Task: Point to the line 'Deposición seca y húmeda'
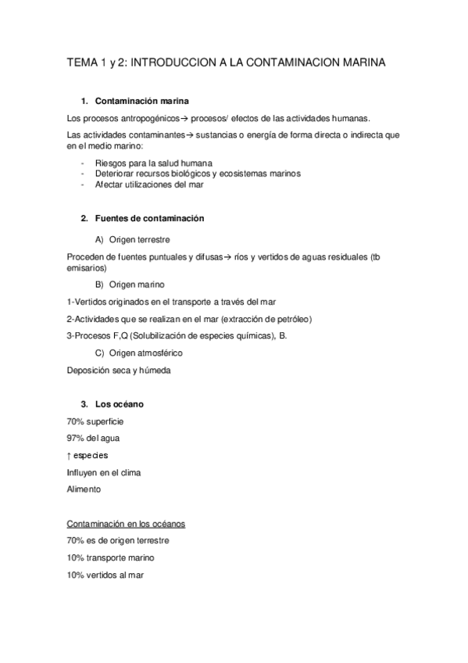tap(118, 371)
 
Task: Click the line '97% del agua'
tap(94, 438)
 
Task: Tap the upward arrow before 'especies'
tap(70, 455)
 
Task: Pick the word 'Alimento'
tap(84, 489)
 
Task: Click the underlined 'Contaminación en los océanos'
tap(126, 523)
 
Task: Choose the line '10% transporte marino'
tap(111, 557)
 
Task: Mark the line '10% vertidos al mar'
tap(105, 575)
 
